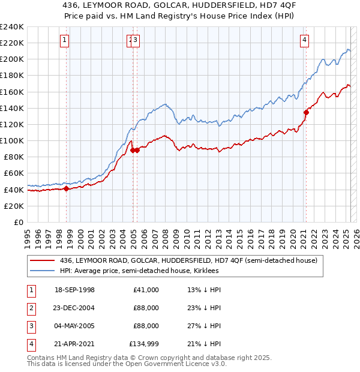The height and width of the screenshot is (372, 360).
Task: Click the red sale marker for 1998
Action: [x=67, y=189]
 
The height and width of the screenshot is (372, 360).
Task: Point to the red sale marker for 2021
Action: [x=306, y=112]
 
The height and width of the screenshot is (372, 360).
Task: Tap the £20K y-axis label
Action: [x=14, y=206]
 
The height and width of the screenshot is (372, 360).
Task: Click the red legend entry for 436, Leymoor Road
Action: [x=192, y=260]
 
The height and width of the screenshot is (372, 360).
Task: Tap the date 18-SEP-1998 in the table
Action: [x=74, y=290]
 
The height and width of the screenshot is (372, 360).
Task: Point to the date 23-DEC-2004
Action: [x=74, y=308]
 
